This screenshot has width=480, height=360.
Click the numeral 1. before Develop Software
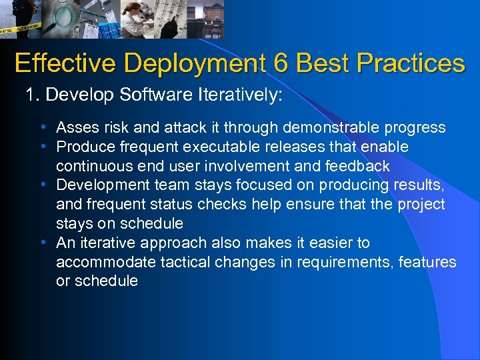click(x=33, y=96)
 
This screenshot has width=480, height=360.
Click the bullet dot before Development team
click(x=43, y=185)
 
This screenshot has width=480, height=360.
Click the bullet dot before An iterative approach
click(x=43, y=243)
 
